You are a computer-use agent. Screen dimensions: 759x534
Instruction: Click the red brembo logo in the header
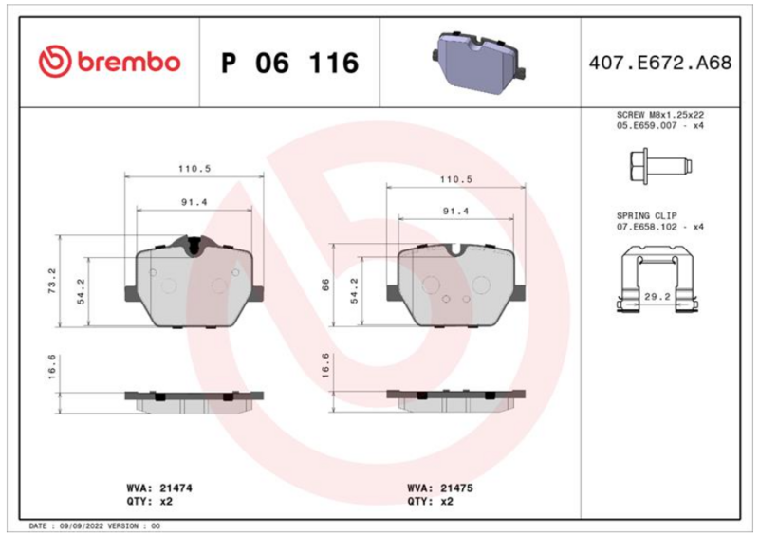pos(109,62)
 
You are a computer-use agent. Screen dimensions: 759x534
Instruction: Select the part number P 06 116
pos(290,63)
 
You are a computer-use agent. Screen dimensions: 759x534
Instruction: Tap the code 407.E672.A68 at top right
pos(660,63)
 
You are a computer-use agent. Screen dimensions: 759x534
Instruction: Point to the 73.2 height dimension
pos(52,281)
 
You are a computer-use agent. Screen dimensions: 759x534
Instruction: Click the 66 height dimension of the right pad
pos(325,285)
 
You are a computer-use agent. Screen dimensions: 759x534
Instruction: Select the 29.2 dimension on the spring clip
pos(657,296)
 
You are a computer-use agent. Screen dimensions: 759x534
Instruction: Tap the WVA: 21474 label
pos(159,488)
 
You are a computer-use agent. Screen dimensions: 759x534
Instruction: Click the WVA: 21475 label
pos(440,488)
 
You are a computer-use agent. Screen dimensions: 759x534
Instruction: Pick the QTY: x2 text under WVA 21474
pos(150,501)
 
